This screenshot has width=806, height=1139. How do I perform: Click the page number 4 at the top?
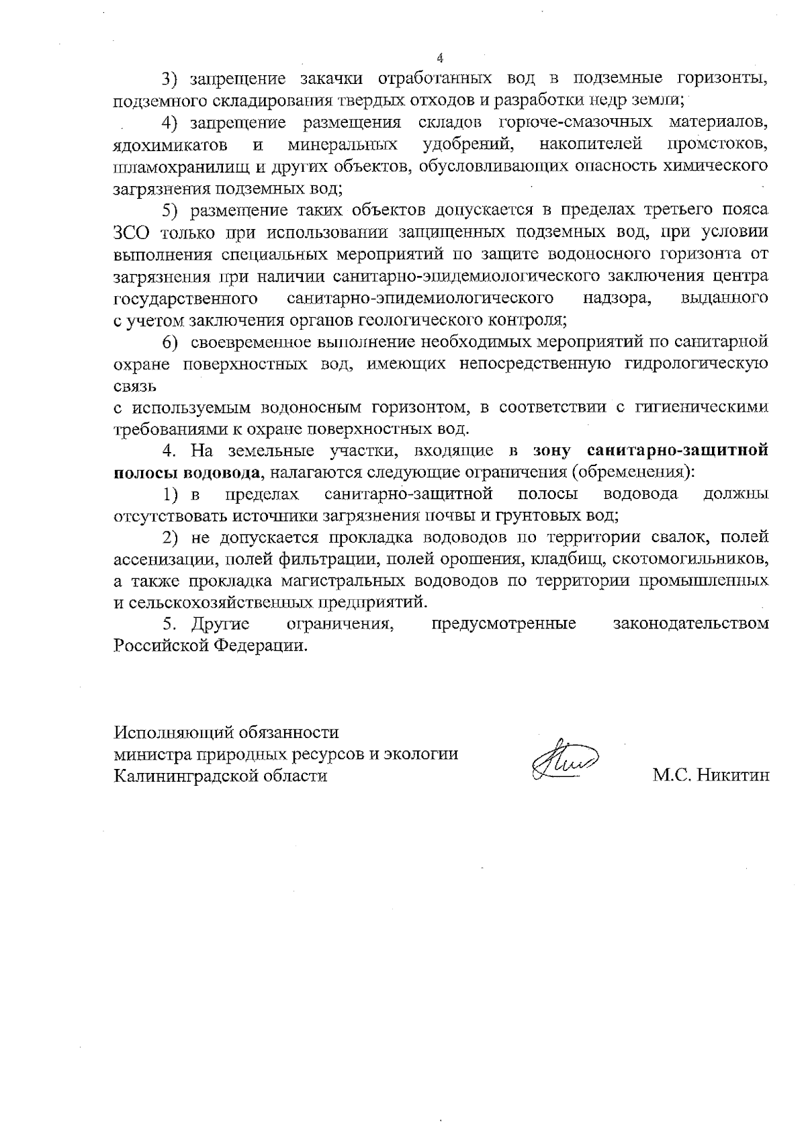point(441,57)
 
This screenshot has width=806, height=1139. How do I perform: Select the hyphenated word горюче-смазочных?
point(576,123)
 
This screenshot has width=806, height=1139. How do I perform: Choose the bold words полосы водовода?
point(187,472)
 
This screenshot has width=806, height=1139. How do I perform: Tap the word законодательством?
point(691,624)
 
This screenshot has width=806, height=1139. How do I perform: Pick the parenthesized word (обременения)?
point(630,472)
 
